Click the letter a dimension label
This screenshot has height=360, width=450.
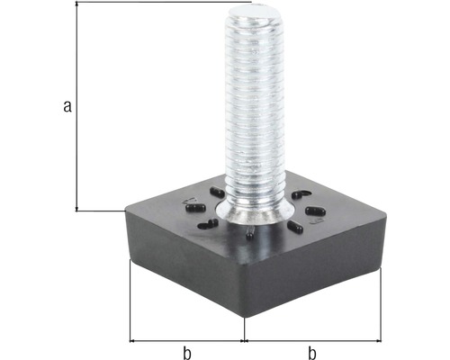[67, 106]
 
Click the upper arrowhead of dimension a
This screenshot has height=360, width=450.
[78, 5]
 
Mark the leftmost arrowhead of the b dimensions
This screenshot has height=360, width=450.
[134, 341]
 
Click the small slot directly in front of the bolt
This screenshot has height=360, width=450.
[249, 236]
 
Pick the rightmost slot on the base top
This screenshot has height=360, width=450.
[314, 211]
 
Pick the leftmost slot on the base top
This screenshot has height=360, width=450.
[193, 210]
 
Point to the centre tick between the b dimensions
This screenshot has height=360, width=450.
[245, 341]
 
